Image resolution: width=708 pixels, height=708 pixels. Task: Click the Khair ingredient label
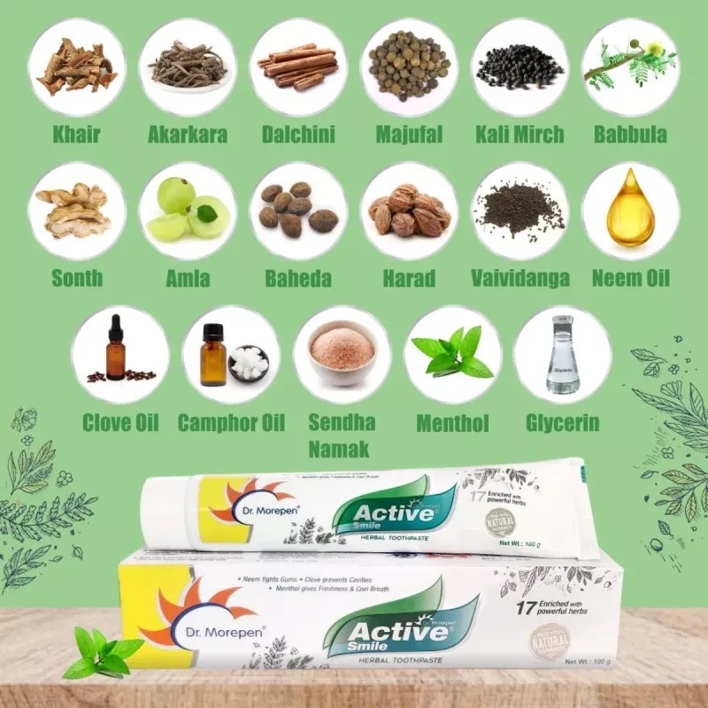(76, 135)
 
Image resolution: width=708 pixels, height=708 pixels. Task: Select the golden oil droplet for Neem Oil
(630, 209)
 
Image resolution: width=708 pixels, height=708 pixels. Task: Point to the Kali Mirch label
(519, 135)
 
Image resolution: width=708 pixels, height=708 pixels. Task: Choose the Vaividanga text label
(520, 279)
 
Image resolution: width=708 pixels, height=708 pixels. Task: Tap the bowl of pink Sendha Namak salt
(342, 352)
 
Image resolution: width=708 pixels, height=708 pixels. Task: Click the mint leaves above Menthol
(452, 352)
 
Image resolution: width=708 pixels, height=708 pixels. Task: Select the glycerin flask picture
(563, 354)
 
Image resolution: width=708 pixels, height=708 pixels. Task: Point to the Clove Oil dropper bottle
(116, 350)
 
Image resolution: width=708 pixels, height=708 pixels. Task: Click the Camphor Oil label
(231, 422)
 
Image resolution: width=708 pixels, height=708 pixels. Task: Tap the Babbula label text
(630, 135)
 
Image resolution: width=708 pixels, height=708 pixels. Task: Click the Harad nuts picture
(409, 211)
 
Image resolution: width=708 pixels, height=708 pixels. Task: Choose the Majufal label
(409, 135)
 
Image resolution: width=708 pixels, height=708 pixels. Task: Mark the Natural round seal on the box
(550, 642)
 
